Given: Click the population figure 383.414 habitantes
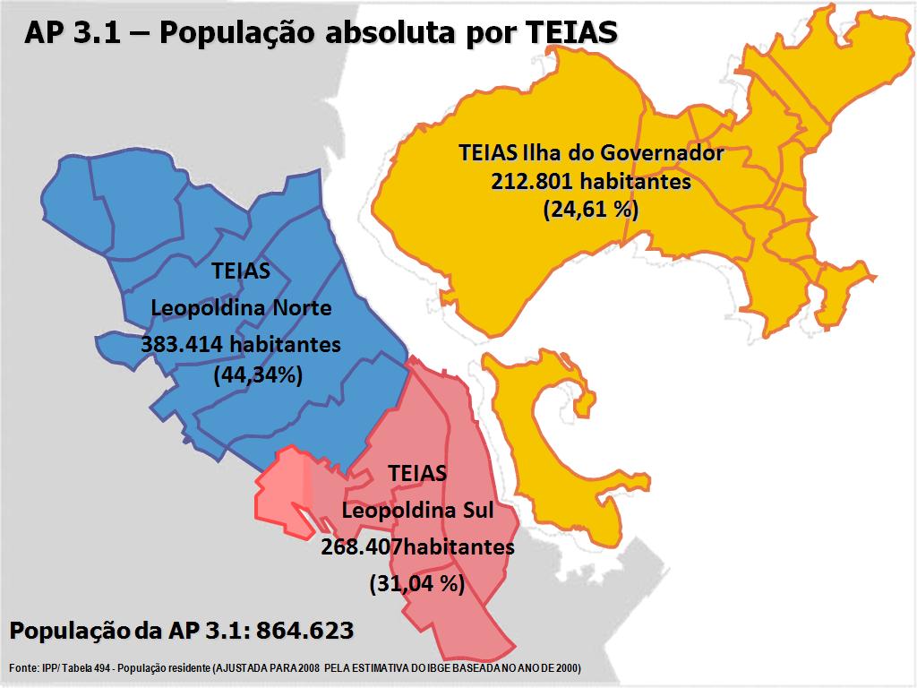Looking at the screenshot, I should point(241,344).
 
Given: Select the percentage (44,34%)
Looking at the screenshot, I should point(258,375).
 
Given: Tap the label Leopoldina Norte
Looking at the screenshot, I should point(241,308).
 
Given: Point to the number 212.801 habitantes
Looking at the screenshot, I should point(590,181).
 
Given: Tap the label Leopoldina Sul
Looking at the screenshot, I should point(417,511).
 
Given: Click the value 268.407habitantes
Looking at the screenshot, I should point(417,546).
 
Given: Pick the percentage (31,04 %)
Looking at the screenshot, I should point(417,584).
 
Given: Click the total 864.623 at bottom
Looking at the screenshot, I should point(304,631).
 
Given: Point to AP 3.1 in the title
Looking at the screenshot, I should point(64,32).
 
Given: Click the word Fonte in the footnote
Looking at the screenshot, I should point(23,668).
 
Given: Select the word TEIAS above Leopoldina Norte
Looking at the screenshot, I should point(241,271).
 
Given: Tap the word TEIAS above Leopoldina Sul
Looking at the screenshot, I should point(417,473).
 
